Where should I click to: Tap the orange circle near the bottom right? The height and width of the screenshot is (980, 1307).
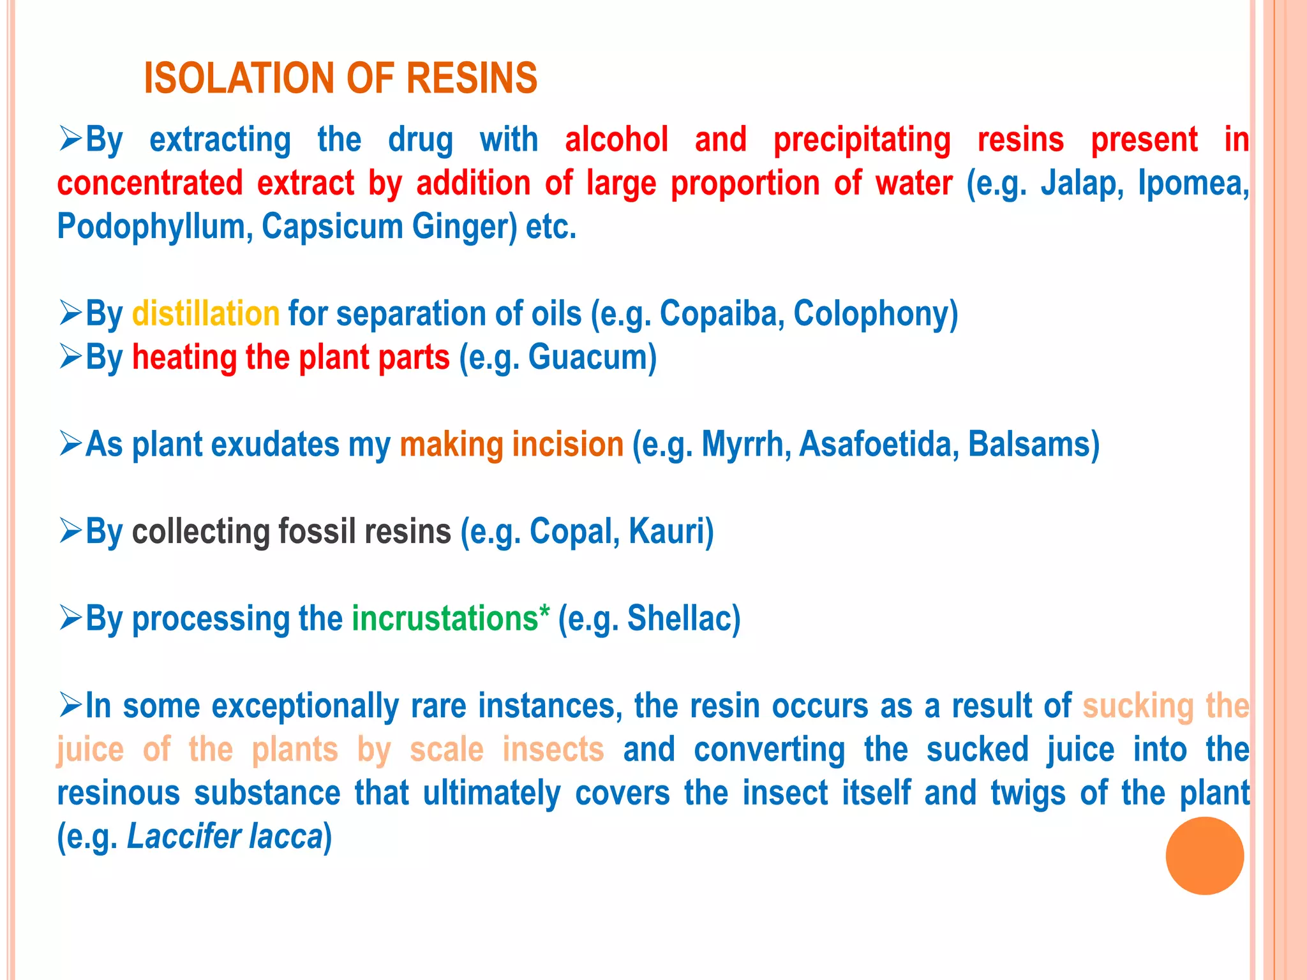coord(1204,856)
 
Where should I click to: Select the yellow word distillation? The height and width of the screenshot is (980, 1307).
coord(205,314)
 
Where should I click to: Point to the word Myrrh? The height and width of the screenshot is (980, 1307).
coord(742,445)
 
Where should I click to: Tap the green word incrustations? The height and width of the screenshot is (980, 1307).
coord(445,619)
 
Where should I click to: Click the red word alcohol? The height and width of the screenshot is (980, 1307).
coord(616,140)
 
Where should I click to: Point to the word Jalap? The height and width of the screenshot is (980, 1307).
coord(1080,184)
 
